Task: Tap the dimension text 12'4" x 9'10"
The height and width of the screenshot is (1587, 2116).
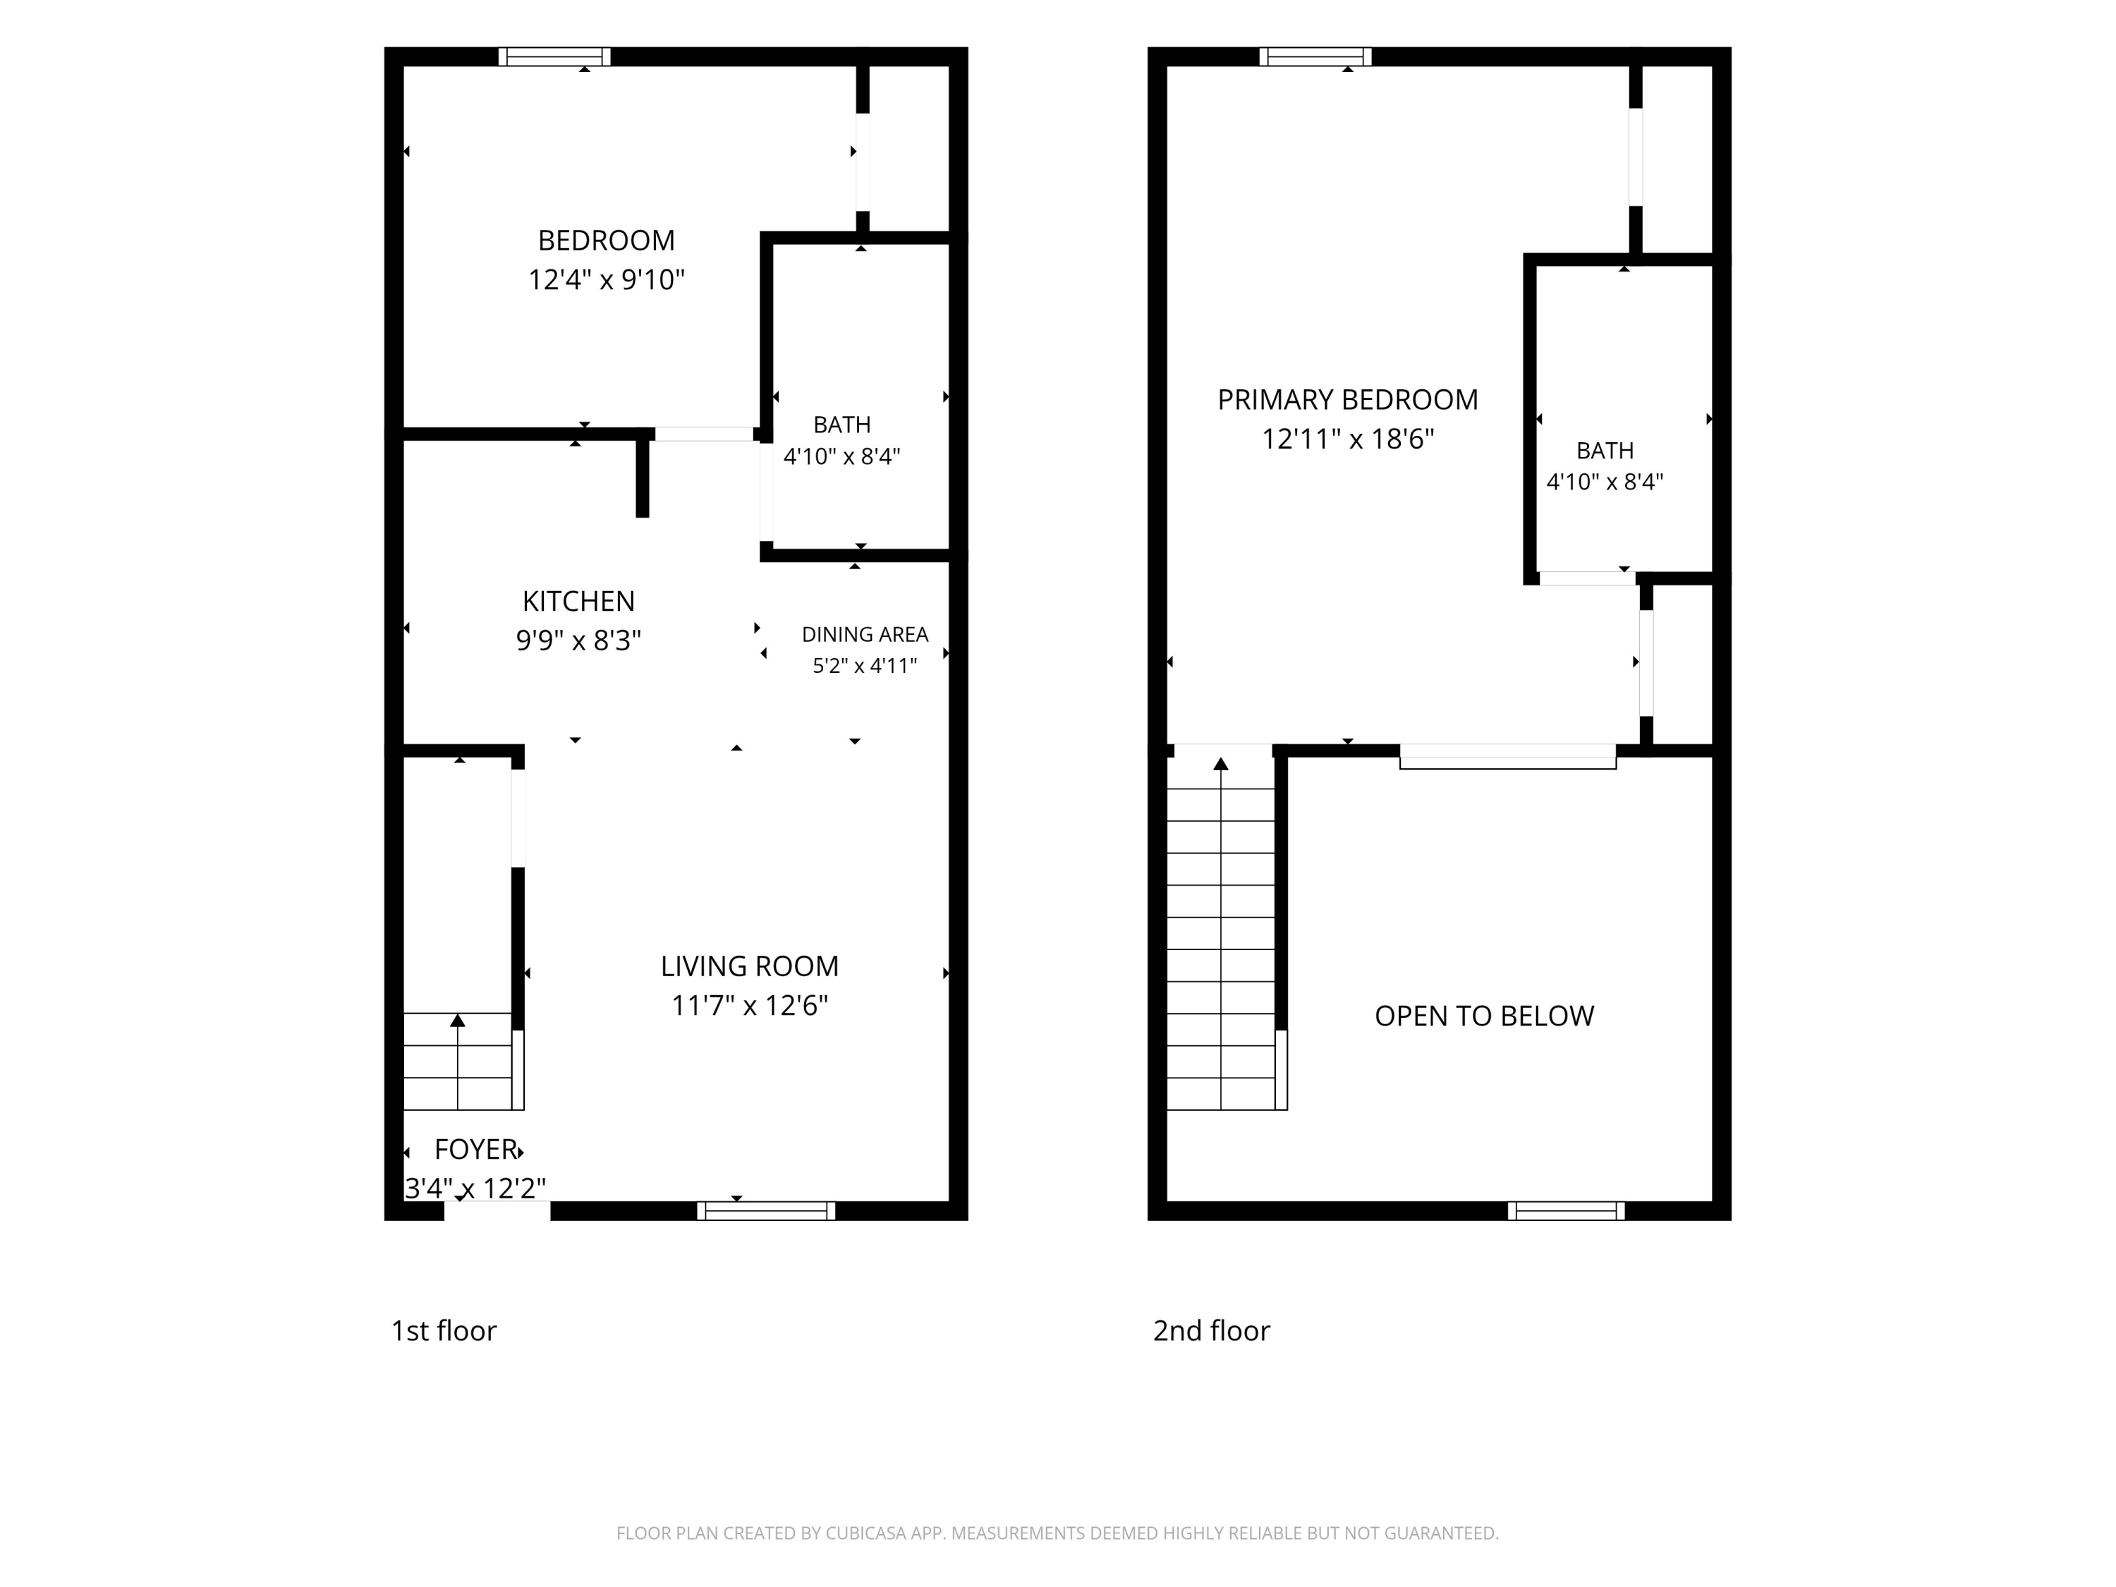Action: pos(607,280)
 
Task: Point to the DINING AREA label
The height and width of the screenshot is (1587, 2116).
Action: pos(865,634)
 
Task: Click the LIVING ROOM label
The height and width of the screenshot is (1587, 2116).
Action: pos(749,966)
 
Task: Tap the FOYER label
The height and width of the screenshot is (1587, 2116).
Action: pos(476,1149)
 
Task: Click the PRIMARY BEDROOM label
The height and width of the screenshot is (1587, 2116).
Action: pos(1347,400)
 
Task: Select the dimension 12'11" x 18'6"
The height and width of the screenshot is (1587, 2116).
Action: pos(1347,439)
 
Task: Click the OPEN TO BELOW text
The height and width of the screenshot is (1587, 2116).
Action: pos(1484,1016)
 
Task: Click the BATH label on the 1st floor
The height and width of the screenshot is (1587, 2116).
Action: pos(841,425)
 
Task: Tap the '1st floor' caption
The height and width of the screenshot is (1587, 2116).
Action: pos(444,1331)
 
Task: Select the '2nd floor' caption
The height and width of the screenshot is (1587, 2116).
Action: pos(1211,1331)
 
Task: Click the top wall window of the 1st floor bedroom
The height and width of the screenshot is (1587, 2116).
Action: pos(555,56)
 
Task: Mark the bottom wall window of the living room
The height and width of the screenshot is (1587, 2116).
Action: pos(765,1210)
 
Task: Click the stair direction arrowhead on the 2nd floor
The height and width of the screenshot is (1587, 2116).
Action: pos(1221,763)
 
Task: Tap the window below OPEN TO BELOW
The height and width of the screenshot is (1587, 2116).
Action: pos(1566,1210)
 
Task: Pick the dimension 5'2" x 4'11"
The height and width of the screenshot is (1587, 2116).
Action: pos(865,666)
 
